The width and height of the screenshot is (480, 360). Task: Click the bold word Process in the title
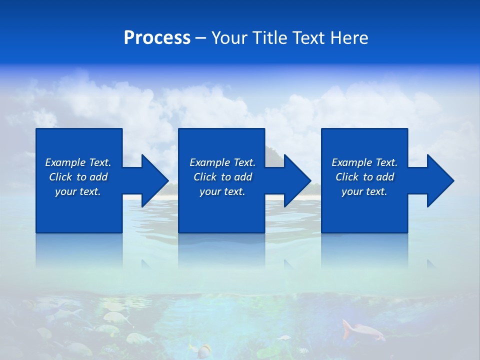coord(157,38)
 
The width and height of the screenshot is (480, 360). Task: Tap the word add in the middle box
coord(243,177)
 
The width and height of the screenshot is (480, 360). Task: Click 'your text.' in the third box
coord(364,191)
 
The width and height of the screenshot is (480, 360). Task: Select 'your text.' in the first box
coord(78,191)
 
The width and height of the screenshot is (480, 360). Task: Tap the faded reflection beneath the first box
coord(79,250)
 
